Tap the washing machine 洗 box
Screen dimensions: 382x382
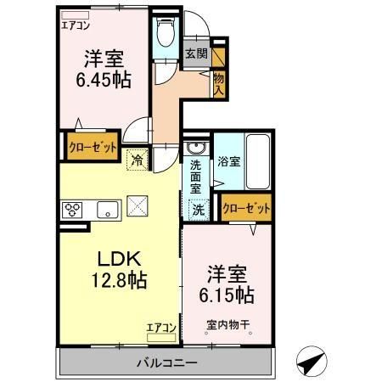[197, 209]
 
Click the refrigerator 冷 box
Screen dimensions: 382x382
[137, 158]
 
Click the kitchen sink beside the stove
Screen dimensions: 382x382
[108, 210]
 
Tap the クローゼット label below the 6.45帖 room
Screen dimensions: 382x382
[92, 146]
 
